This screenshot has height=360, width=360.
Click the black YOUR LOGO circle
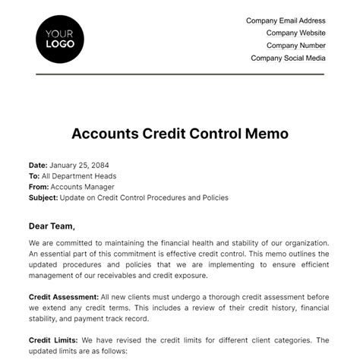point(60,38)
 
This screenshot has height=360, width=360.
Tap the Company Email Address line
point(286,21)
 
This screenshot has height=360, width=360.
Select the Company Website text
point(295,33)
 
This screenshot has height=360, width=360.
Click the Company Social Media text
point(288,58)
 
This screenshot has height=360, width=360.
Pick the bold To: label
point(33,175)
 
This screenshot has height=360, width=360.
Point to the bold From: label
point(38,187)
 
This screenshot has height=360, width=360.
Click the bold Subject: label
point(43,197)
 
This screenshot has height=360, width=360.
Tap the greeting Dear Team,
point(52,226)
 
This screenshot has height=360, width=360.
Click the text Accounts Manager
point(82,187)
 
